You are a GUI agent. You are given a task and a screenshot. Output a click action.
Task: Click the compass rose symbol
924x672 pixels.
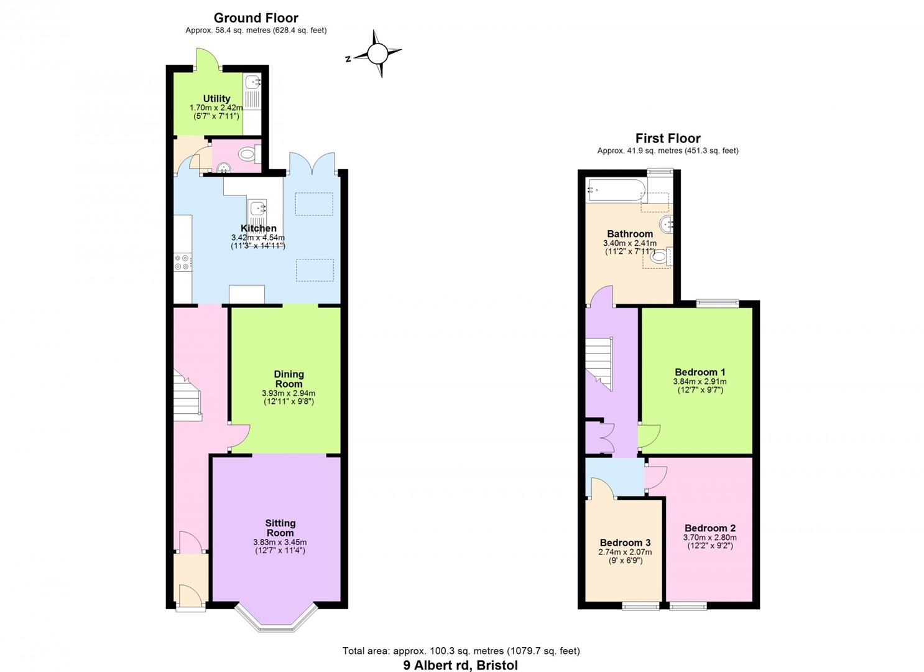(x=377, y=54)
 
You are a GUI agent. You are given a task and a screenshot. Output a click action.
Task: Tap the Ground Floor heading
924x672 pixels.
(x=256, y=18)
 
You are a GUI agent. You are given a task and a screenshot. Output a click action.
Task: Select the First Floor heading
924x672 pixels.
(x=668, y=138)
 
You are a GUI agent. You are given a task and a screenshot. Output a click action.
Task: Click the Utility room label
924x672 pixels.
(x=216, y=99)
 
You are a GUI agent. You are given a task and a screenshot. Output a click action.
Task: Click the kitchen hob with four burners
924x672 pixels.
(x=183, y=262)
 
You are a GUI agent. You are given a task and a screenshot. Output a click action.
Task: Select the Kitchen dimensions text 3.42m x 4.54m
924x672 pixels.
(x=258, y=238)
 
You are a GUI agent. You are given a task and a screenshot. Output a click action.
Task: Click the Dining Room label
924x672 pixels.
(x=289, y=379)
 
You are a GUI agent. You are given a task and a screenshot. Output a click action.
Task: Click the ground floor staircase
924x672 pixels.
(x=187, y=396)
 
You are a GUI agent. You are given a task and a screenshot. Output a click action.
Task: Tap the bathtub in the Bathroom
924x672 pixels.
(x=616, y=190)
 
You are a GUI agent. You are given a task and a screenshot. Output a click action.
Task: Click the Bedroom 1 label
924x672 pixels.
(x=700, y=372)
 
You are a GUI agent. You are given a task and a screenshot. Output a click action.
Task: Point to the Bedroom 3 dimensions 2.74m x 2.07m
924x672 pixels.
(x=625, y=552)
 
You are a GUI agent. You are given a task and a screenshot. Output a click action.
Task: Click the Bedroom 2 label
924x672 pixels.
(x=710, y=528)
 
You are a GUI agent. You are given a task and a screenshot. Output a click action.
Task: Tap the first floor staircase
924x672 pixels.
(x=599, y=363)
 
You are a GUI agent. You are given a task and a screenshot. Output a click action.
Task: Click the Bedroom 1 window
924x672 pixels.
(x=718, y=304)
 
